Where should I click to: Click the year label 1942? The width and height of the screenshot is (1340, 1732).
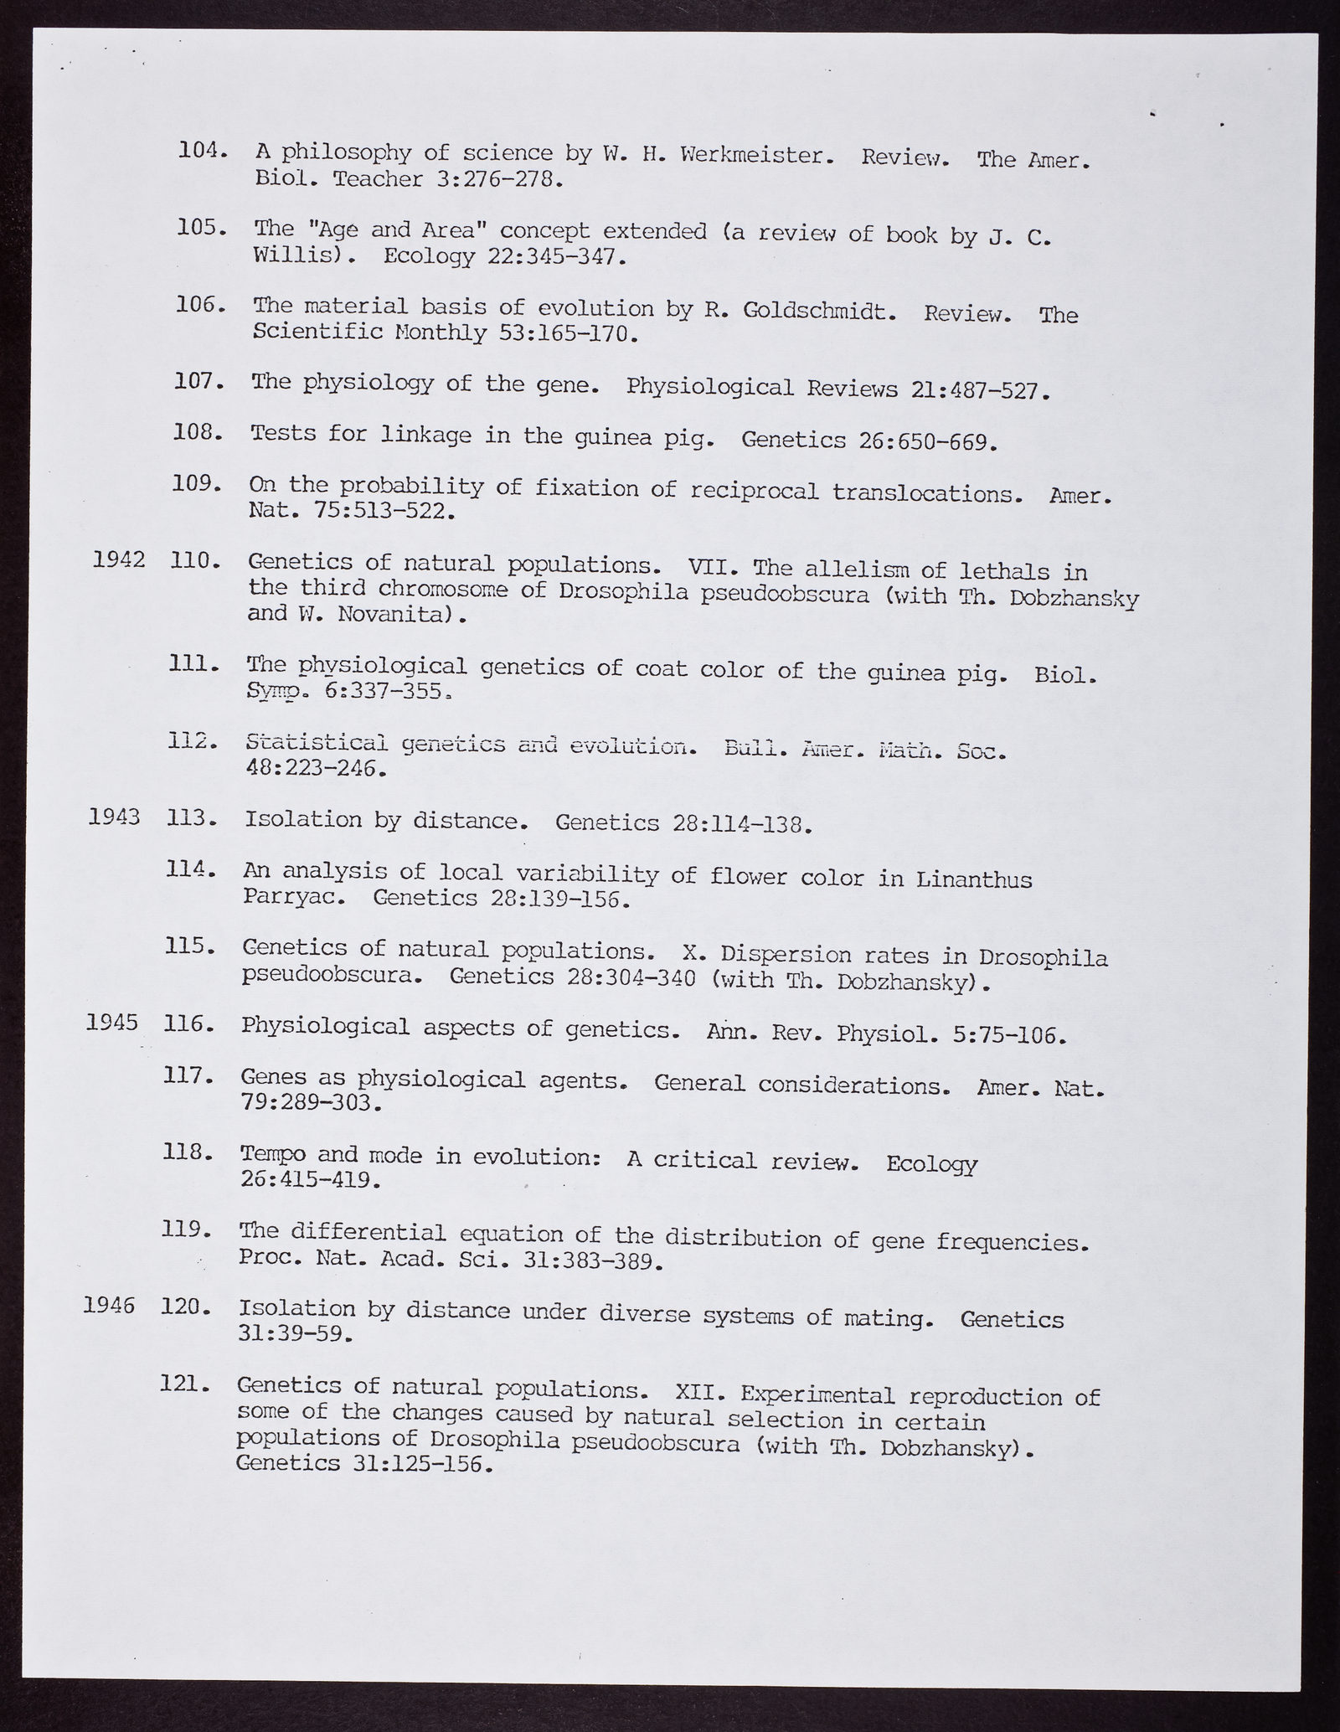point(120,559)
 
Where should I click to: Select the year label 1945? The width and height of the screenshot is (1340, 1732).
point(112,1023)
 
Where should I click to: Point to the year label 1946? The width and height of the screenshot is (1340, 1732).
point(110,1304)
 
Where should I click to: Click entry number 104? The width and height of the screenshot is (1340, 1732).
point(203,151)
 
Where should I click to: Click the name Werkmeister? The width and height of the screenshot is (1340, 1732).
point(753,155)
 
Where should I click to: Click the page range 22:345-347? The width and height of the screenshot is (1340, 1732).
point(555,255)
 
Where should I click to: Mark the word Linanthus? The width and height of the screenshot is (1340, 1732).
point(974,880)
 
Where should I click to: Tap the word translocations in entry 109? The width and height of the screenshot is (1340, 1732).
point(928,493)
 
